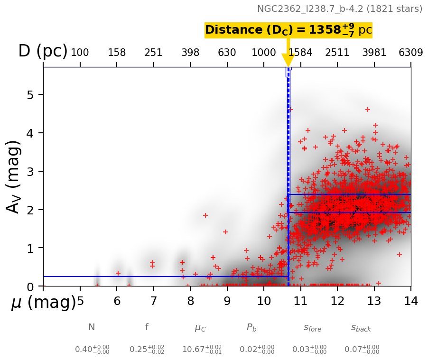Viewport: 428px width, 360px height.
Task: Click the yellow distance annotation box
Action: [x=288, y=30]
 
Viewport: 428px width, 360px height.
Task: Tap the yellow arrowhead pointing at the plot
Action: [x=288, y=60]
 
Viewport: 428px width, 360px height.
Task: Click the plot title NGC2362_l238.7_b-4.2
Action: [x=339, y=9]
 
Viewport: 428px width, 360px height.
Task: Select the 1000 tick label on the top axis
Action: [x=264, y=53]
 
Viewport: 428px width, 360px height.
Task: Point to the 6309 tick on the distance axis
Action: [x=410, y=53]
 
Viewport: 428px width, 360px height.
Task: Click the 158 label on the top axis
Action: [x=117, y=53]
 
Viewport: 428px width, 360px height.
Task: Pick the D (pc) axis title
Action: [x=43, y=51]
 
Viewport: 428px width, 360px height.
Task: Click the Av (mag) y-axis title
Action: [x=14, y=176]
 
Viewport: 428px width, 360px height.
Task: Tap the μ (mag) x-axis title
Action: [x=43, y=302]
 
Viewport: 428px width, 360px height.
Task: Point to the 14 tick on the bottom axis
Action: [x=410, y=301]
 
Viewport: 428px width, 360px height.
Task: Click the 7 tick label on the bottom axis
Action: [x=153, y=301]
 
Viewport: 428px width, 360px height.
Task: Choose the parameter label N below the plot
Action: [x=92, y=327]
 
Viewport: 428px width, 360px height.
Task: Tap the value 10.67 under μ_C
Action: [x=202, y=350]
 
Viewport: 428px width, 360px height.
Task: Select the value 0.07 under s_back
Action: [x=362, y=350]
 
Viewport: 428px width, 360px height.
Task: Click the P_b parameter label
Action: [x=251, y=328]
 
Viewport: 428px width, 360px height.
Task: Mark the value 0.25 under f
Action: [x=147, y=350]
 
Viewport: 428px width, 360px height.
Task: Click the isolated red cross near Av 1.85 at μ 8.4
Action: [x=205, y=215]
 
